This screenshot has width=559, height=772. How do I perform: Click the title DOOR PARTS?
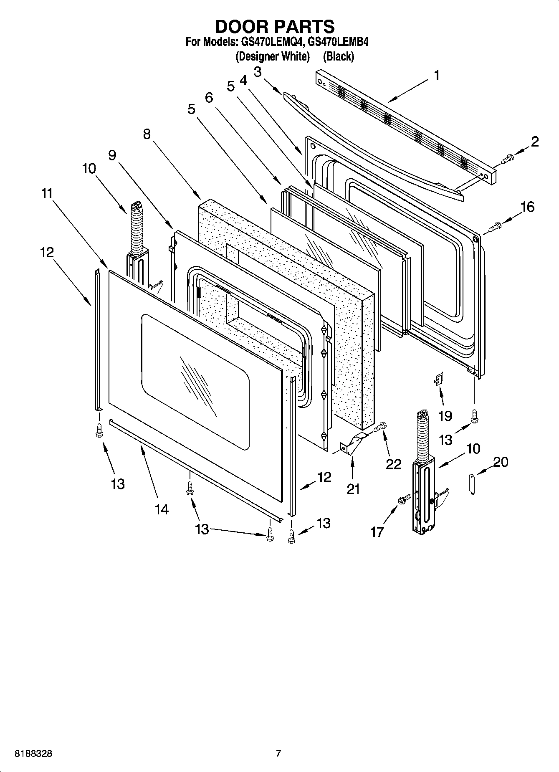(275, 26)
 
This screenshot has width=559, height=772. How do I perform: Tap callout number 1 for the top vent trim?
(436, 76)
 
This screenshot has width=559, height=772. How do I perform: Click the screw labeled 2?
(508, 158)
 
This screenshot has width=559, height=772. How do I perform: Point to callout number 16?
(528, 207)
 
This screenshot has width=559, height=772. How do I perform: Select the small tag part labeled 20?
(471, 483)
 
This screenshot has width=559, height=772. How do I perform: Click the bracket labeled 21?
(353, 444)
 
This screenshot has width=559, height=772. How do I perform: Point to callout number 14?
(162, 509)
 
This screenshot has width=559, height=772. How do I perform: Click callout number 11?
(47, 193)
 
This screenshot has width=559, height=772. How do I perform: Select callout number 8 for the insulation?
(147, 134)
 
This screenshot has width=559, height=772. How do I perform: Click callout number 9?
(112, 155)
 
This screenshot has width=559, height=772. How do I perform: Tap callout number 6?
(209, 98)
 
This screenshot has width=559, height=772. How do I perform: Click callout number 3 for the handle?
(258, 72)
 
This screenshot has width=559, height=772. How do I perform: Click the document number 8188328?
(33, 753)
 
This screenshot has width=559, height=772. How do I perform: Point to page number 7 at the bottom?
(278, 753)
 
